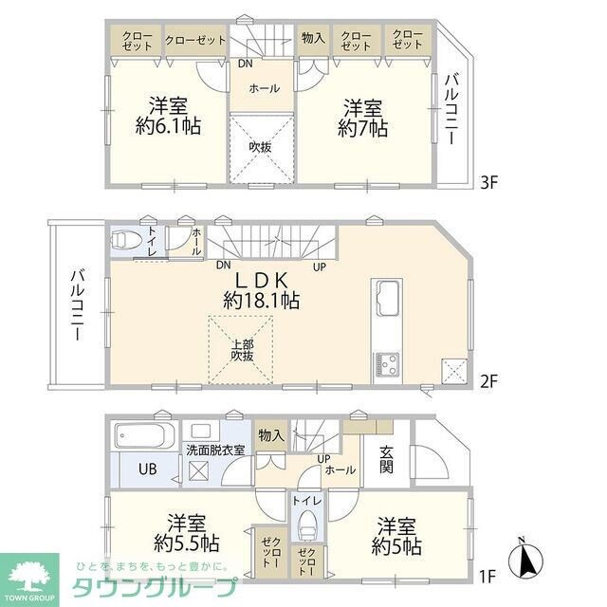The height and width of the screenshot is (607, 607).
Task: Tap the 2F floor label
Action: tap(487, 381)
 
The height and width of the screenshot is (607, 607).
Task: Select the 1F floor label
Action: tap(487, 575)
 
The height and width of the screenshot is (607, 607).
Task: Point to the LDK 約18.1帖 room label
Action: tap(262, 290)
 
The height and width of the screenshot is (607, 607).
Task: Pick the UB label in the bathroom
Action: tap(148, 468)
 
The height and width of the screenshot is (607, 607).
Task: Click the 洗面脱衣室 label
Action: tap(215, 450)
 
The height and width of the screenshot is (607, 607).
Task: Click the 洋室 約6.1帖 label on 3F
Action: tap(168, 115)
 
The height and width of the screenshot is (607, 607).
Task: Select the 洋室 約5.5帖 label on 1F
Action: tap(188, 532)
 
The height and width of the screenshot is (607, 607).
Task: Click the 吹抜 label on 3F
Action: tap(260, 147)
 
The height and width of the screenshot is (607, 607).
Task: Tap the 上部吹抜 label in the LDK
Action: tap(241, 350)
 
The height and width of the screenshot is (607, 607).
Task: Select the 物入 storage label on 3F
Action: tap(312, 39)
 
